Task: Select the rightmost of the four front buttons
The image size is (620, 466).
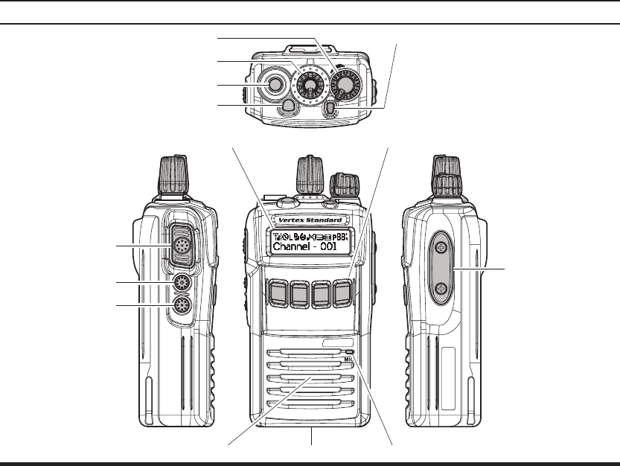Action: click(x=344, y=293)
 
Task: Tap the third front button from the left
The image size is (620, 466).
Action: click(x=322, y=293)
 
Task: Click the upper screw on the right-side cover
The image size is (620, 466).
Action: click(x=441, y=247)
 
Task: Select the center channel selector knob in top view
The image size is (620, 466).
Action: click(x=307, y=86)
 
